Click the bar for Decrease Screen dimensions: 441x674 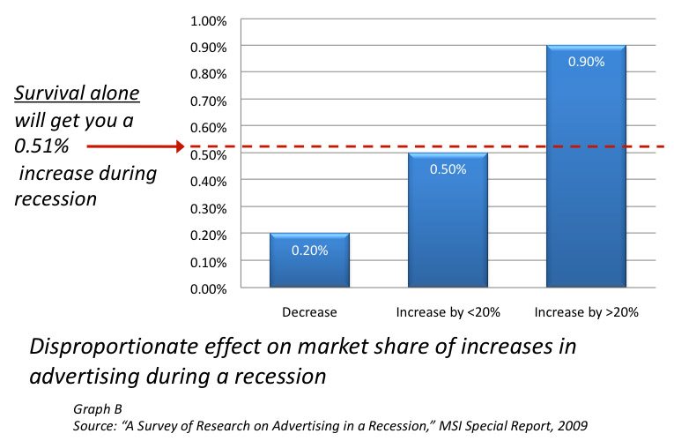pos(309,261)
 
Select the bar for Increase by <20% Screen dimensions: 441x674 pos(447,220)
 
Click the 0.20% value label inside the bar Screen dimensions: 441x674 pos(309,250)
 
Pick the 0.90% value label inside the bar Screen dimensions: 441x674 pos(585,62)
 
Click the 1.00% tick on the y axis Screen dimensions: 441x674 pos(209,19)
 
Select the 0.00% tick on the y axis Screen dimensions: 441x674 pos(209,288)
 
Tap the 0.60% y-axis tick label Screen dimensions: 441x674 pos(209,126)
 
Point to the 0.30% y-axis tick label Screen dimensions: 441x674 pos(209,207)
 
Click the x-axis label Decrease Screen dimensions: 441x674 pos(309,312)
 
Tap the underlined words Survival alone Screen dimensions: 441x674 pos(76,93)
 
